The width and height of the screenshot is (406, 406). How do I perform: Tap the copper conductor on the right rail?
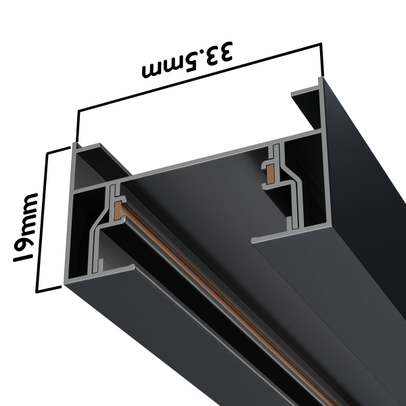coord(269,173)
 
